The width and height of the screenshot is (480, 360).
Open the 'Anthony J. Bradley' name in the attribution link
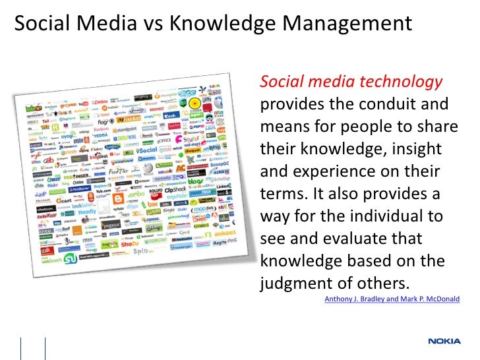[x=355, y=299]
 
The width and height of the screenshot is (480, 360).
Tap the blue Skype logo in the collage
[x=187, y=94]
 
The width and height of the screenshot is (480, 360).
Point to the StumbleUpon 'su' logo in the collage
[x=70, y=258]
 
